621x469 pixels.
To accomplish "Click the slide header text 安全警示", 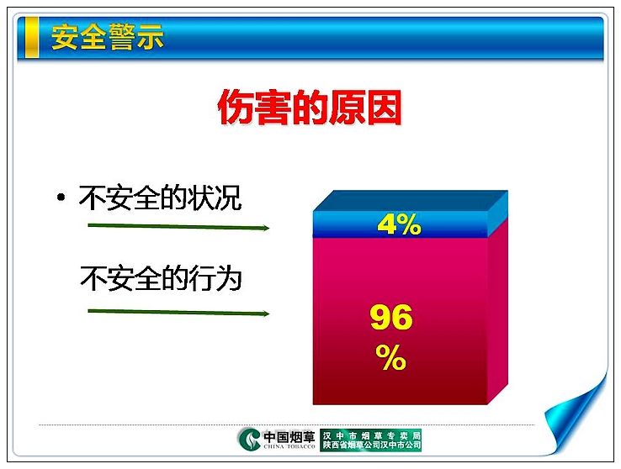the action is click(x=108, y=37).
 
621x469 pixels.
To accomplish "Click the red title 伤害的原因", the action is click(x=310, y=107).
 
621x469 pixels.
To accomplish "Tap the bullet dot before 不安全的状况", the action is click(x=61, y=197).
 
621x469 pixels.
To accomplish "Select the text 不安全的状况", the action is click(x=161, y=198).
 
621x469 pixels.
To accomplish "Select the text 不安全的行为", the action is click(x=161, y=278).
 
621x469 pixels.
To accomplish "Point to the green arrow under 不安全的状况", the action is click(x=178, y=227).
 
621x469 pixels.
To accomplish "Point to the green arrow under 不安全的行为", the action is click(x=178, y=313).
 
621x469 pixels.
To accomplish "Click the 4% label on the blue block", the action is click(x=399, y=224).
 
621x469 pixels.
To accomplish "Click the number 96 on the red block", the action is click(x=391, y=317).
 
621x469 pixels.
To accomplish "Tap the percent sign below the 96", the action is click(x=391, y=357).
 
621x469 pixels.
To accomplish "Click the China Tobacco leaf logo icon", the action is click(x=250, y=439).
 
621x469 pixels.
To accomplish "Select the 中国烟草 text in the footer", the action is click(x=289, y=437).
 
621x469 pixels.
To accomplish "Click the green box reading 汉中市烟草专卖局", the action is click(x=371, y=440).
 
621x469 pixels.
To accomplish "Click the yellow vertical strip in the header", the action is click(x=32, y=38).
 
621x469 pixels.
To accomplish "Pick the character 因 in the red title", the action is click(x=385, y=108).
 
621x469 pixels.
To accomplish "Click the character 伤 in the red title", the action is click(x=235, y=108).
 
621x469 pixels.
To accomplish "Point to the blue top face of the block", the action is click(x=411, y=201).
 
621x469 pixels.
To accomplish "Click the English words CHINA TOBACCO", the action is click(x=289, y=446).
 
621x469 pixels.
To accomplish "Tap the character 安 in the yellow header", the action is click(x=65, y=37).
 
